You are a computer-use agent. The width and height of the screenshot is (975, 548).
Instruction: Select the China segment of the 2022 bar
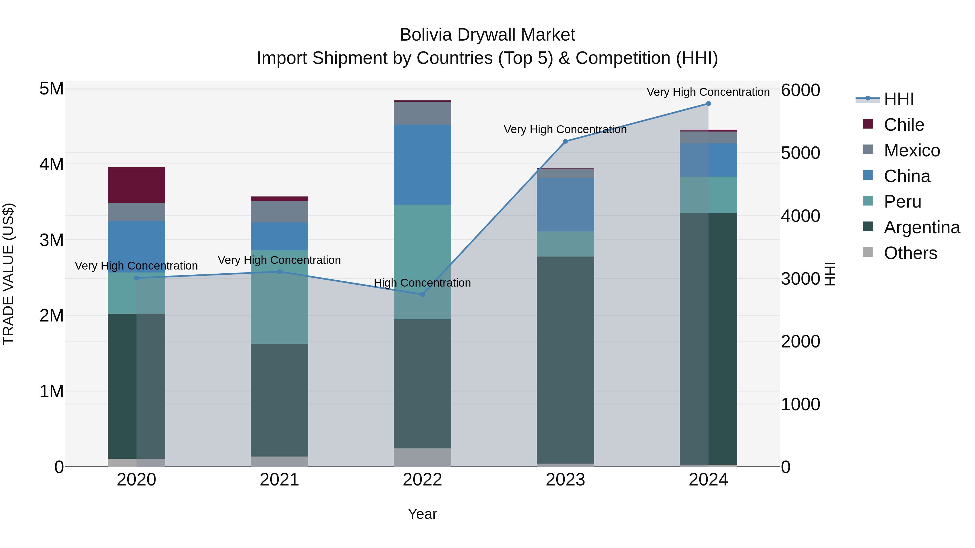(422, 165)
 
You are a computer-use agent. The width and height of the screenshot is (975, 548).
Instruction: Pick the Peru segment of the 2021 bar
(279, 297)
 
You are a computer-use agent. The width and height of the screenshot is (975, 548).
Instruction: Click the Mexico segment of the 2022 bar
(422, 113)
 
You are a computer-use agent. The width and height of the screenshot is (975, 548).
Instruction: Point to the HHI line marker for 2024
(708, 104)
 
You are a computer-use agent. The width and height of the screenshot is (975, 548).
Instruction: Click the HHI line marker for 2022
(422, 294)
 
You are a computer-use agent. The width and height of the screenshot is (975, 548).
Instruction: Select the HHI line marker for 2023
(565, 142)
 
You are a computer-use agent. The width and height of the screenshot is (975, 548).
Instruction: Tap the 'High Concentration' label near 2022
(422, 283)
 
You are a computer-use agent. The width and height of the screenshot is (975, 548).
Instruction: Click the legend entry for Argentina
(922, 227)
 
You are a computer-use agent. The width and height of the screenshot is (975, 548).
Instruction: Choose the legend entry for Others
(910, 253)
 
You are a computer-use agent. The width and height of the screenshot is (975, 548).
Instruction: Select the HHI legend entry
(899, 99)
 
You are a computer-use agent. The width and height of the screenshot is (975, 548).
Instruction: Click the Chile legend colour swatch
(867, 124)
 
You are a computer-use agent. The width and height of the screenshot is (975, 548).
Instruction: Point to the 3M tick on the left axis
(52, 240)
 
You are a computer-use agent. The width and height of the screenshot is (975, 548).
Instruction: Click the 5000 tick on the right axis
(800, 153)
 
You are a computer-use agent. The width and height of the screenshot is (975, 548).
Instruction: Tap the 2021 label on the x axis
(279, 480)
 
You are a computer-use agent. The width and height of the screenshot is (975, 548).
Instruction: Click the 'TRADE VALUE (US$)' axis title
(8, 274)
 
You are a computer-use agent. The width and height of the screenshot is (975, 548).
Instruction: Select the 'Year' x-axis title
(422, 514)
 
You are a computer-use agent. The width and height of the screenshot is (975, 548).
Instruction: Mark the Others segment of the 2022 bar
(422, 457)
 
